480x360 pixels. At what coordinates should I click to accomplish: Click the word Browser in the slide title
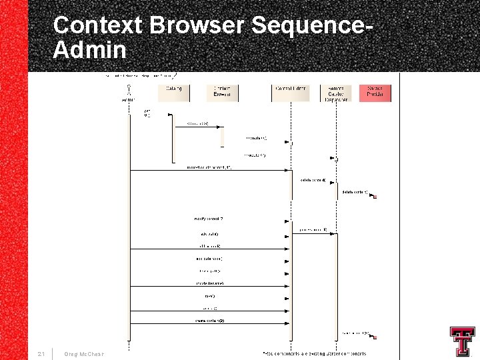(198, 26)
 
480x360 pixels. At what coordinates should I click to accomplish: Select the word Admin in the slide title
(89, 50)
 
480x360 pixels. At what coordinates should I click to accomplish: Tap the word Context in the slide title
(98, 26)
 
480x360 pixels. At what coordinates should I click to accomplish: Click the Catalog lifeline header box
(174, 93)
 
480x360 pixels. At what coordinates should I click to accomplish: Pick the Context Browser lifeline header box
(223, 93)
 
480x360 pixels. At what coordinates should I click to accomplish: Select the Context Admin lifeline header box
(291, 93)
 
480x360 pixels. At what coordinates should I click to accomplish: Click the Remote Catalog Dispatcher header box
(335, 93)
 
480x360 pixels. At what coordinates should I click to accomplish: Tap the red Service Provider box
(375, 93)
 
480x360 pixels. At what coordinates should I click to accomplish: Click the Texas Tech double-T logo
(461, 342)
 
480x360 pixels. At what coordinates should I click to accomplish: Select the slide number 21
(42, 353)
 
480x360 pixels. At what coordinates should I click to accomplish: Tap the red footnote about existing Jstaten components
(314, 353)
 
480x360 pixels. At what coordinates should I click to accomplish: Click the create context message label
(209, 321)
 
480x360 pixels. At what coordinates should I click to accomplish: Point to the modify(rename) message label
(209, 283)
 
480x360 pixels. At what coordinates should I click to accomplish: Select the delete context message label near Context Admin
(313, 180)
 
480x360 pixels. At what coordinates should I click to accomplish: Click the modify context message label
(209, 219)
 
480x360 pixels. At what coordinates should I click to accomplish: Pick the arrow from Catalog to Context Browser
(197, 127)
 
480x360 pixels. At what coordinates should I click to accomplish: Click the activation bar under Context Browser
(223, 136)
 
